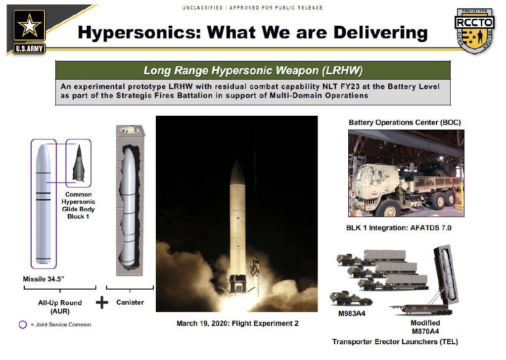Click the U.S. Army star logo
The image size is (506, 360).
click(29, 31)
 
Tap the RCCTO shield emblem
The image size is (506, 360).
click(474, 31)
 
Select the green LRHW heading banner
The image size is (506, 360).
click(253, 70)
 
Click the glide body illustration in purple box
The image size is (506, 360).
click(79, 163)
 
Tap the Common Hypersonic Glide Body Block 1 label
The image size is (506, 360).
click(79, 206)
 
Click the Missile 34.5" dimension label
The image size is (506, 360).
click(44, 279)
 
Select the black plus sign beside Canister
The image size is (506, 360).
click(102, 302)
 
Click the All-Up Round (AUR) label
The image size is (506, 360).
click(60, 307)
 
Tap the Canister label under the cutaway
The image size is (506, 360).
click(130, 302)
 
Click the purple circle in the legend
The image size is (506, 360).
click(23, 324)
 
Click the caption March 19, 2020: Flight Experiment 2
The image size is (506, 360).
click(237, 323)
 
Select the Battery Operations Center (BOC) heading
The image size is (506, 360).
click(405, 123)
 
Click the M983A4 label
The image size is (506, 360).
click(352, 314)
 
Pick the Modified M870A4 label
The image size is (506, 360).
click(425, 327)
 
